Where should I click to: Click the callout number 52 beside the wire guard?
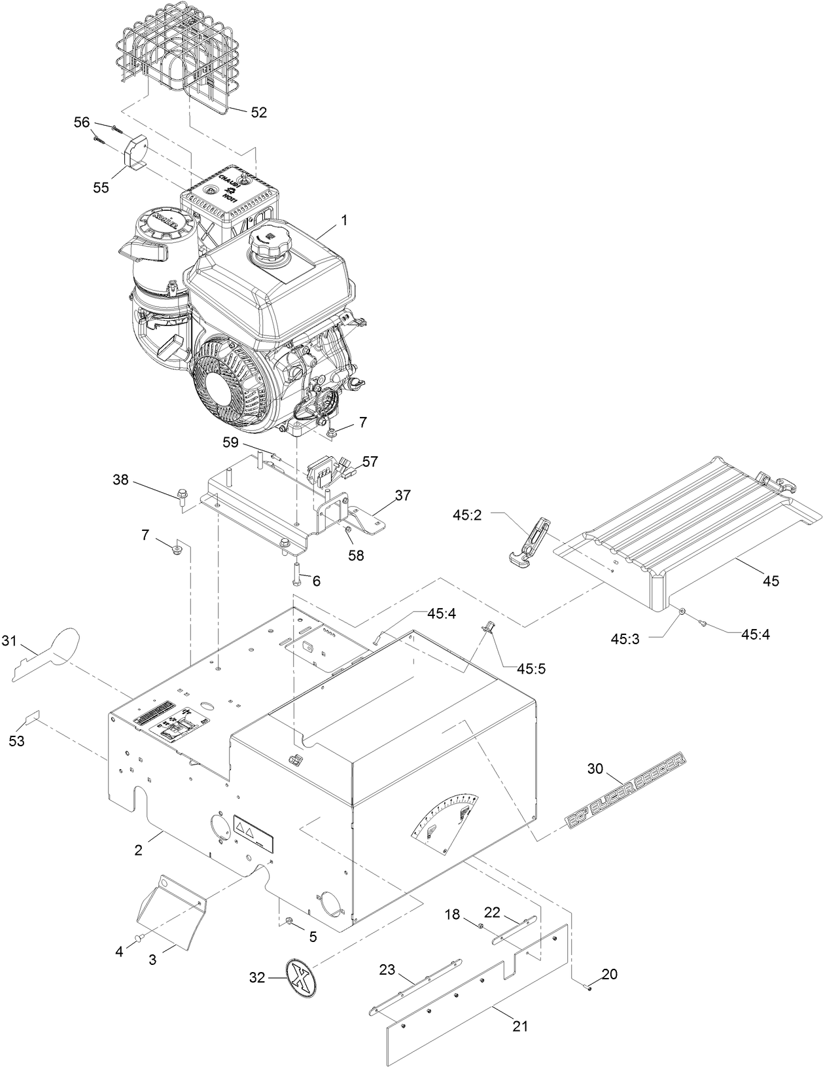click(259, 113)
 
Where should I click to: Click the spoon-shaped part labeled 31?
click(52, 651)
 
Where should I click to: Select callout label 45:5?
click(532, 669)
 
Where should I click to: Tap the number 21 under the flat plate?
click(520, 1026)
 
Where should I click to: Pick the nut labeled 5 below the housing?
click(288, 922)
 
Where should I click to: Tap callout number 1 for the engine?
click(343, 222)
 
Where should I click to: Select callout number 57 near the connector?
click(370, 462)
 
